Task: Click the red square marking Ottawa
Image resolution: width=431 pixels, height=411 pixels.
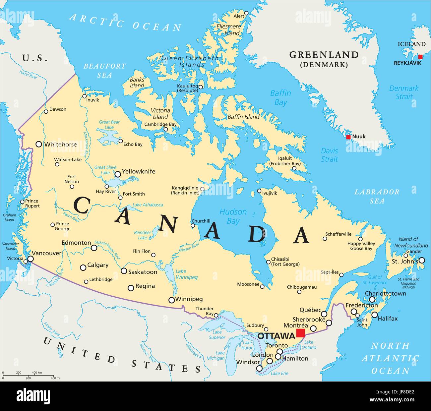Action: coord(301,333)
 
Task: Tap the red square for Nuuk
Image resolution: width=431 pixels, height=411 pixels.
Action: coord(348,137)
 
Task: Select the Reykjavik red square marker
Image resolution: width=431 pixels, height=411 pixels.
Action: coord(420,57)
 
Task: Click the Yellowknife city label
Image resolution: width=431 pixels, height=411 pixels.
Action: coord(139,172)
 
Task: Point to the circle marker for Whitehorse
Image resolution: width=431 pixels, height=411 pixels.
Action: coord(39,144)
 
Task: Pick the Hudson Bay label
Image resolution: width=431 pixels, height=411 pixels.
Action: coord(233,216)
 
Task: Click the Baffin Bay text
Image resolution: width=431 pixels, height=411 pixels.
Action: coord(280,98)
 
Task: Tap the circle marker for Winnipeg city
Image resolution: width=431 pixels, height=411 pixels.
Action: coord(171,300)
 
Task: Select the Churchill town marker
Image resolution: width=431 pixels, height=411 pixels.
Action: coord(193,226)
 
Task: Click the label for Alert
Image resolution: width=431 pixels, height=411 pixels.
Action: coord(239,16)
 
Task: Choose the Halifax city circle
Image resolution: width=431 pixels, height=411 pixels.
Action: coord(375,315)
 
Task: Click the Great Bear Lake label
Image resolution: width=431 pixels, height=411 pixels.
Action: coord(109,125)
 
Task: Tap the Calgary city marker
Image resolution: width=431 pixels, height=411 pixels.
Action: coord(83,267)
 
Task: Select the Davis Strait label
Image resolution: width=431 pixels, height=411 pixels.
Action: coord(330,155)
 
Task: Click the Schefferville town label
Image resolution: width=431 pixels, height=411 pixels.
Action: coord(338,234)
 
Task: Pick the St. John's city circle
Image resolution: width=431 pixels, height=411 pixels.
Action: coord(422,260)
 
